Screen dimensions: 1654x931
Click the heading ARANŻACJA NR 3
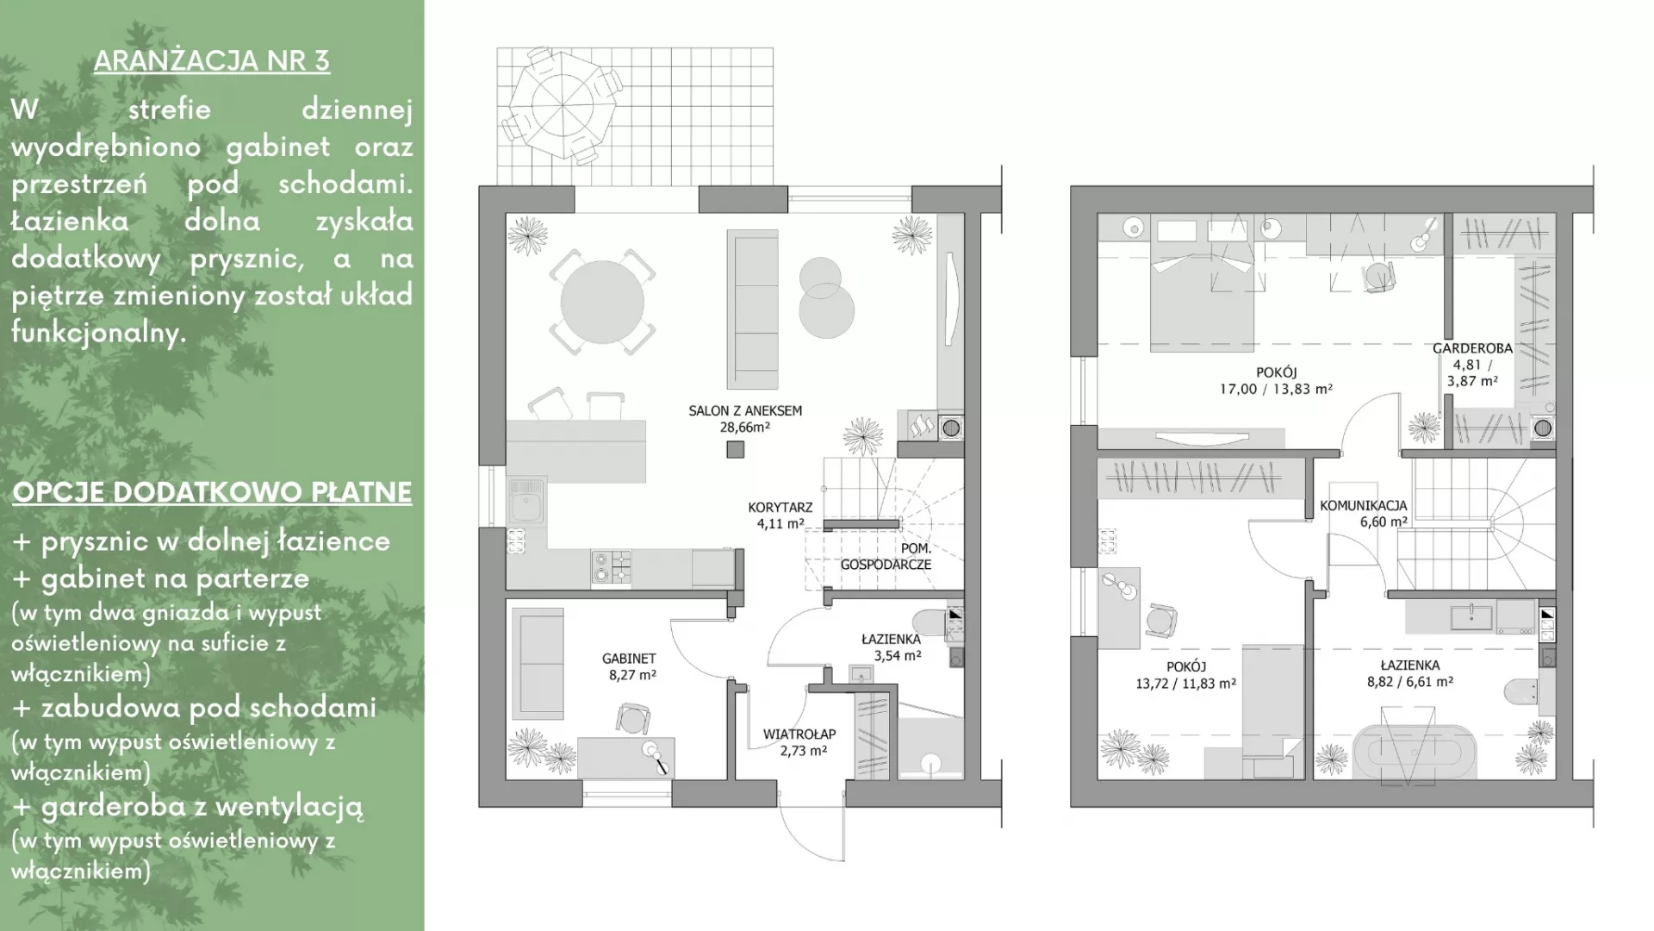(x=212, y=61)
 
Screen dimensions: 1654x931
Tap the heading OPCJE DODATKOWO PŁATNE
(x=212, y=492)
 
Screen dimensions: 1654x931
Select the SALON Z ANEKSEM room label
(x=745, y=411)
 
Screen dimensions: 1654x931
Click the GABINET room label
(x=629, y=659)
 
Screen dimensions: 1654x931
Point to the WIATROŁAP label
(x=799, y=734)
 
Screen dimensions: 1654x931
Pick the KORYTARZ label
(x=780, y=508)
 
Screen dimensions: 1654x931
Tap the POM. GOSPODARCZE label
(x=886, y=557)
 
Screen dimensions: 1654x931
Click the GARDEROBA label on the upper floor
(x=1472, y=349)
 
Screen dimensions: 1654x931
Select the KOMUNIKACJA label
(x=1364, y=506)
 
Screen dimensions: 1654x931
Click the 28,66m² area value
(x=745, y=427)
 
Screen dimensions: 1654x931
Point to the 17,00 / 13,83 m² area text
(x=1276, y=389)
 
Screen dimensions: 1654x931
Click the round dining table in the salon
(x=602, y=302)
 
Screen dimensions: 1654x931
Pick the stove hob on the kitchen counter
(x=612, y=567)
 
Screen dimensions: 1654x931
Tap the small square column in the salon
(x=735, y=449)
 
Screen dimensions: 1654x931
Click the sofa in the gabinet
(x=538, y=663)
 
